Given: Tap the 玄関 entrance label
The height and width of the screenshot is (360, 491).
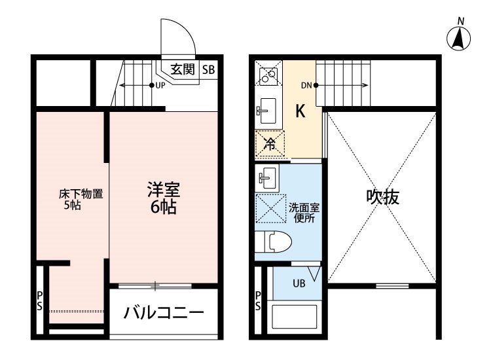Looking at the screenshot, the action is pos(183,69).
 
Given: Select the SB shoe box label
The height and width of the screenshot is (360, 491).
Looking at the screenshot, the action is pos(209,69).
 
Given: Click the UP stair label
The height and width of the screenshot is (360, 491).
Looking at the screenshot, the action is pos(160,86).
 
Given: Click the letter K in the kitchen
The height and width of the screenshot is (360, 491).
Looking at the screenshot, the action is pos(300,111).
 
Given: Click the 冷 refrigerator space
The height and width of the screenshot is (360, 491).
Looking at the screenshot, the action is pos(270,143).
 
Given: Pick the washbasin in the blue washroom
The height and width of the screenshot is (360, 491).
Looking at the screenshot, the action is pos(267,178).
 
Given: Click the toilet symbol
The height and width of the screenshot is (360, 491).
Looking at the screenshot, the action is pos(273,242).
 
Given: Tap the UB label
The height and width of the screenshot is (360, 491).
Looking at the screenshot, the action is pos(299,283).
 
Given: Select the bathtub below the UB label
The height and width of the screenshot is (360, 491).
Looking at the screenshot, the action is pos(295,316).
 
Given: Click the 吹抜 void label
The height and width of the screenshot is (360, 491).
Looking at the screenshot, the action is pos(383,197).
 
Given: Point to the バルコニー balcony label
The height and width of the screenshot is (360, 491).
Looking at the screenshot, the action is pos(164,312).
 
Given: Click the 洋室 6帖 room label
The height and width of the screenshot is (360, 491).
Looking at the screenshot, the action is pos(164,198).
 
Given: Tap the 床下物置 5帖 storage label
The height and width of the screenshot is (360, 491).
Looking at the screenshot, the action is pos(81,200).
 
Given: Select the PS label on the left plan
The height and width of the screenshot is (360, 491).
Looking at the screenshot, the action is pos(39,301).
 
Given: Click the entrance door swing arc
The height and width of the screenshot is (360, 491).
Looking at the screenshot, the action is pos(185,29).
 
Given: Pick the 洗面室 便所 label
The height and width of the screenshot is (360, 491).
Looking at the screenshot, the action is pos(304,213).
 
